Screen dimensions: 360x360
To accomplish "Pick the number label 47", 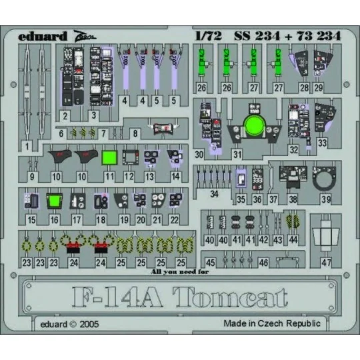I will click(326, 263).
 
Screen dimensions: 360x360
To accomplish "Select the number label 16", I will click(54, 219).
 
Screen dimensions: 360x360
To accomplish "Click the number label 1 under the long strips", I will click(27, 145).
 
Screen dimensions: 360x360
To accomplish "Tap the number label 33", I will click(323, 142).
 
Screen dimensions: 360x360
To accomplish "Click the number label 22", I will click(175, 219).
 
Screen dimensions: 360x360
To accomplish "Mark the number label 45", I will click(211, 263).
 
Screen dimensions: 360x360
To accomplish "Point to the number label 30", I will click(199, 155).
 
